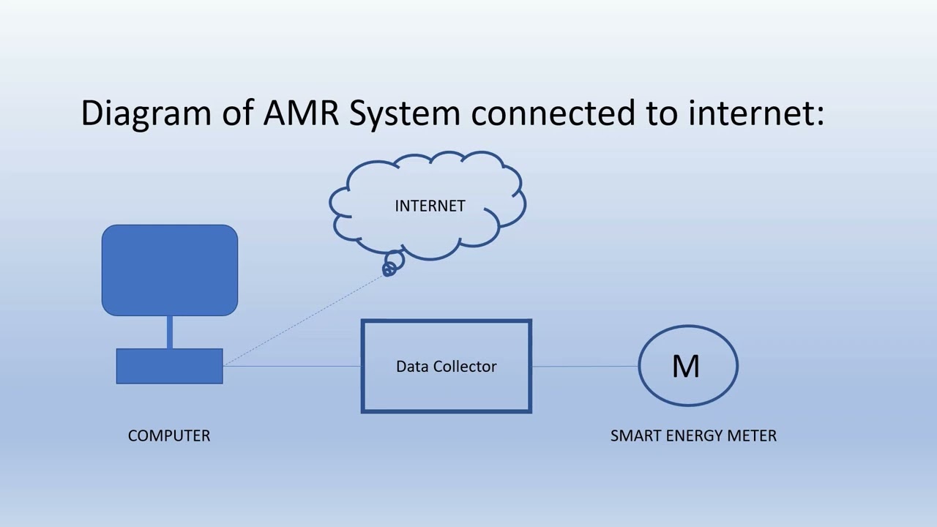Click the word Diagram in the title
[145, 113]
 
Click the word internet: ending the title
[755, 113]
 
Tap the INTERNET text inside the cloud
[430, 206]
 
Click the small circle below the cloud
[389, 269]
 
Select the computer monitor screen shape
[170, 270]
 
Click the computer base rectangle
[170, 366]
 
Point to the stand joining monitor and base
[170, 332]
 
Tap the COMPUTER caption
[169, 436]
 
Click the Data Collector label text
[446, 367]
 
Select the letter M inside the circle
[686, 366]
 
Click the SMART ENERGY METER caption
[693, 436]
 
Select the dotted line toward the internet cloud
[307, 317]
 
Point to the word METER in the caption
[752, 436]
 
